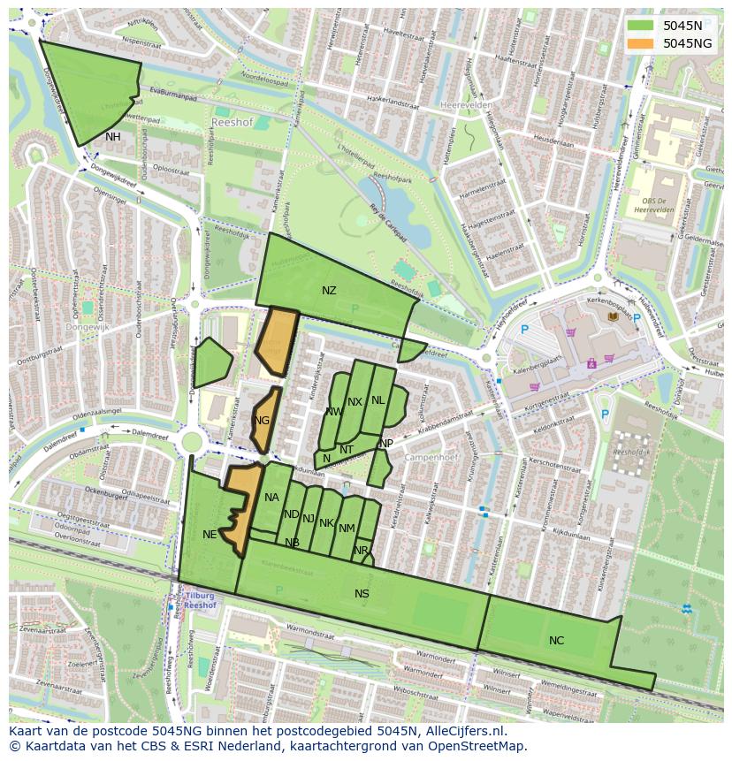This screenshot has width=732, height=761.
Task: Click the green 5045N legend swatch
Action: coord(642,26)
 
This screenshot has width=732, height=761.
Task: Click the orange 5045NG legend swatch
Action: coord(642,43)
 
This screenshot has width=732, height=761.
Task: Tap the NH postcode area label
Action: coord(113,137)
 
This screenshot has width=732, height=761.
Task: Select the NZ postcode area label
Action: coord(329,291)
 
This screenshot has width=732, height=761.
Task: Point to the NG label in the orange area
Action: coord(262,421)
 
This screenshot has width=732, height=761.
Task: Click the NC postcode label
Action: coord(556,641)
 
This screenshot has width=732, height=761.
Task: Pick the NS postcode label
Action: coord(362,594)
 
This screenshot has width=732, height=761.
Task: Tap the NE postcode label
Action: coord(210,535)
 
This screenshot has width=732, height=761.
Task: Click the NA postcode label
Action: coord(271,498)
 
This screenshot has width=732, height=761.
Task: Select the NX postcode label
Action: coord(355,402)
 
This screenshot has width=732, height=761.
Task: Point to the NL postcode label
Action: coord(378,400)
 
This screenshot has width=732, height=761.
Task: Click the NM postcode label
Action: coord(347,529)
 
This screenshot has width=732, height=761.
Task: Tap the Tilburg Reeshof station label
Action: coord(202,601)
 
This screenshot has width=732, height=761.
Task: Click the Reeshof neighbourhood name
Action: coord(233,123)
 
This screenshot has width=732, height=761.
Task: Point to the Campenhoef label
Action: coord(428,458)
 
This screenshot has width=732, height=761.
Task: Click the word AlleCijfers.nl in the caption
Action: coord(463,731)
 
